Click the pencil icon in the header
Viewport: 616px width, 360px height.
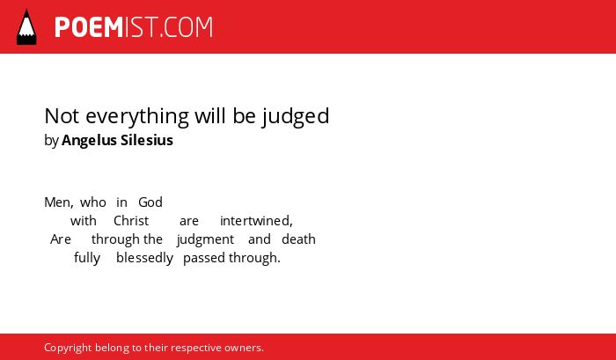[x=26, y=27]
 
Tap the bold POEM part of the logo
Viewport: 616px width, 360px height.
[x=89, y=27]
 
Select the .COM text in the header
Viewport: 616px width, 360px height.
[x=186, y=27]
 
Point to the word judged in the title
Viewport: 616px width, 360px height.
[x=296, y=117]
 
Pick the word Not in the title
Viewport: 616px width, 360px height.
[x=62, y=116]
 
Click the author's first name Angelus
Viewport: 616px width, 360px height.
[x=89, y=141]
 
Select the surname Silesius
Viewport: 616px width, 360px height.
[x=147, y=140]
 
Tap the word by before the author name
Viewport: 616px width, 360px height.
[x=51, y=141]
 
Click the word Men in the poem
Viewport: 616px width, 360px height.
[x=59, y=202]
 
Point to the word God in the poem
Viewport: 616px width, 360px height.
[x=150, y=202]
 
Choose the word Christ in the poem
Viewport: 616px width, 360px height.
[x=131, y=221]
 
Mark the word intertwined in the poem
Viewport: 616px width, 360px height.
[x=256, y=221]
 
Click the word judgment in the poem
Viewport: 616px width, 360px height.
[x=205, y=239]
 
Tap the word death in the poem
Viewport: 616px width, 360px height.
[x=298, y=239]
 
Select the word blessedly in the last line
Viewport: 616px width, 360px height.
[x=144, y=258]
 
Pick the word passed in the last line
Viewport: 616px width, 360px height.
[x=204, y=258]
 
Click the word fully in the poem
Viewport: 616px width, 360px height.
[x=87, y=258]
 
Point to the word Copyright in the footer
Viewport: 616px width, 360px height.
[x=68, y=349]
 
